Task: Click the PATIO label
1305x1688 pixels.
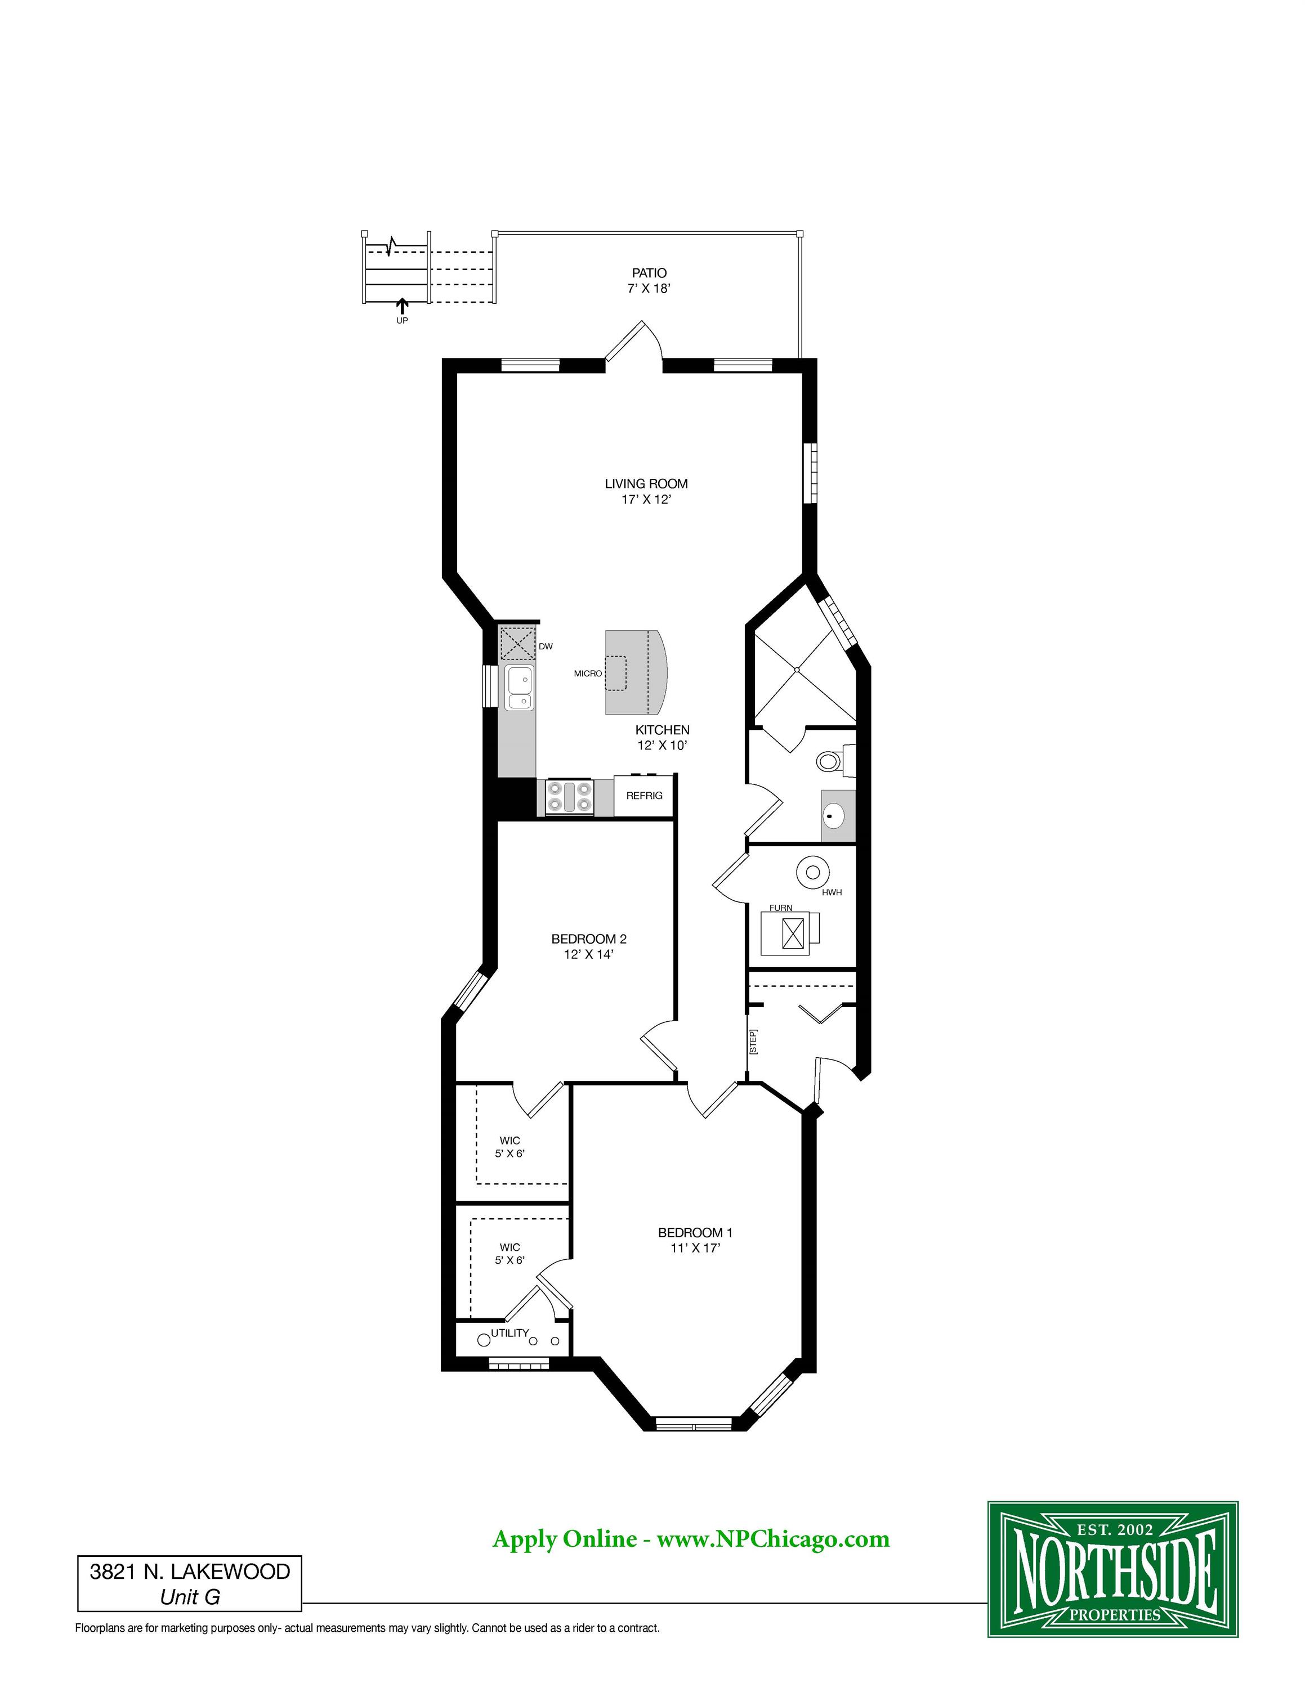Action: point(649,273)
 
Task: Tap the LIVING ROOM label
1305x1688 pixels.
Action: point(646,484)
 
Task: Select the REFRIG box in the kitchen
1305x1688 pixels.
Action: point(645,795)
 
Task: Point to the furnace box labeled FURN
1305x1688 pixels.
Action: point(790,933)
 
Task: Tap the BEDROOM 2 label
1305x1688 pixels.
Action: point(589,939)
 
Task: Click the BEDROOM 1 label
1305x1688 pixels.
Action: point(695,1233)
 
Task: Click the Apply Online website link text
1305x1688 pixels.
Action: point(691,1538)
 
